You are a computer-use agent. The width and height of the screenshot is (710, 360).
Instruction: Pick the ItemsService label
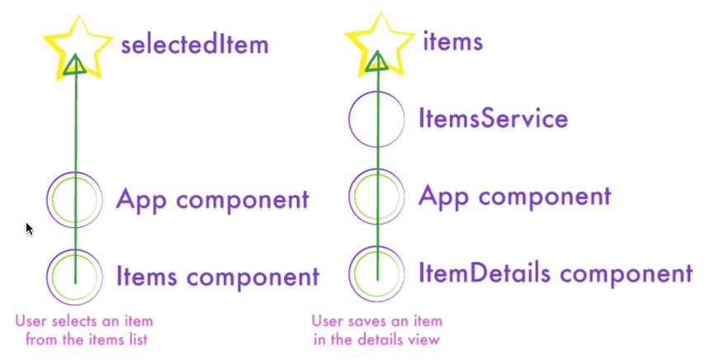pyautogui.click(x=494, y=119)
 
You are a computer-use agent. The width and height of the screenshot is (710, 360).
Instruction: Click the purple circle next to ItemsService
pyautogui.click(x=377, y=119)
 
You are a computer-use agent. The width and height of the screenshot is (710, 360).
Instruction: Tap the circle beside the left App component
pyautogui.click(x=75, y=200)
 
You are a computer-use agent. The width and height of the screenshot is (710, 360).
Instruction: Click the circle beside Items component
pyautogui.click(x=75, y=276)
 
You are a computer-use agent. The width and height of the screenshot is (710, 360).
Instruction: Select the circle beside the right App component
pyautogui.click(x=377, y=198)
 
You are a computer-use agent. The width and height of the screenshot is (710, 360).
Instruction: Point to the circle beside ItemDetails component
pyautogui.click(x=377, y=272)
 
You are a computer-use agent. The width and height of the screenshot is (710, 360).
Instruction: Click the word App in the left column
pyautogui.click(x=139, y=200)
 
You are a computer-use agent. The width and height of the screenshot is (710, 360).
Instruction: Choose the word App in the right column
pyautogui.click(x=440, y=197)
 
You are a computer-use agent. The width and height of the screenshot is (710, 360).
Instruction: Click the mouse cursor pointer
pyautogui.click(x=30, y=229)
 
